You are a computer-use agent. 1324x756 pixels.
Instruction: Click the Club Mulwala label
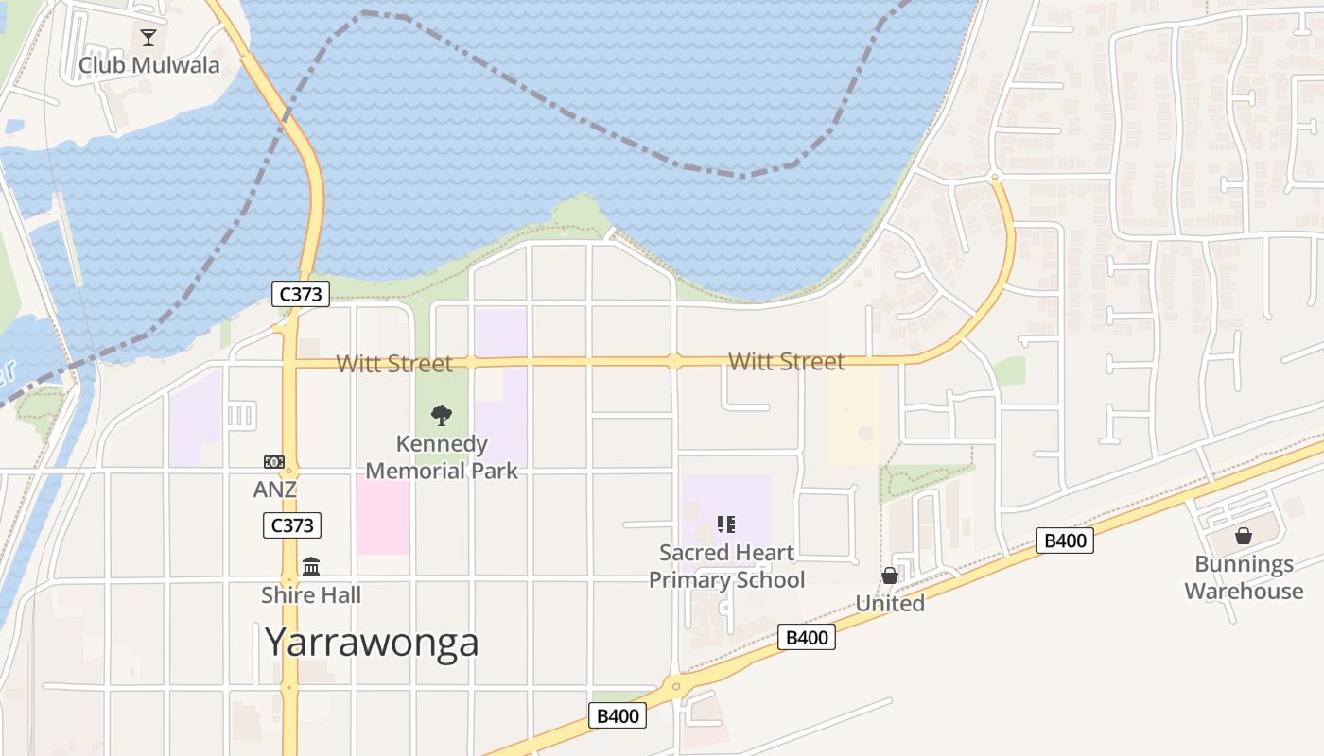pos(148,65)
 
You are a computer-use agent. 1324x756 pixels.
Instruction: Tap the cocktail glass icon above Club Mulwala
pos(148,38)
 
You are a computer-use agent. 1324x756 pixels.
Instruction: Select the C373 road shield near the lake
pos(302,294)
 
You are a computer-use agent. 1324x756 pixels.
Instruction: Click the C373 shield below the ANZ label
pos(292,525)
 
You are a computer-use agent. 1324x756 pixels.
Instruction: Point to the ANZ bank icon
pos(274,462)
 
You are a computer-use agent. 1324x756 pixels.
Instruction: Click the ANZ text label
pos(274,490)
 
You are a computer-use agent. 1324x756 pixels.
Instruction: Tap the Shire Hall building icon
pos(311,566)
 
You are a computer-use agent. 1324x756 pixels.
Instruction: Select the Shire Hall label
pos(311,595)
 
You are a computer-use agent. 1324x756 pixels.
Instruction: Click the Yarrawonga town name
pos(372,642)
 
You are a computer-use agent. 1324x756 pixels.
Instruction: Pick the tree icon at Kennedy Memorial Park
pos(442,415)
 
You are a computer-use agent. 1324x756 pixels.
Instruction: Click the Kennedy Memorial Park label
pos(442,457)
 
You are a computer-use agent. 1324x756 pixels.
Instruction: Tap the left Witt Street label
pos(394,363)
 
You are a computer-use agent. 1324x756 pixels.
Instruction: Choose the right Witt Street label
pos(786,361)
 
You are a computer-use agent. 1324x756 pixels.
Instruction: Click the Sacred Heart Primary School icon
pos(726,524)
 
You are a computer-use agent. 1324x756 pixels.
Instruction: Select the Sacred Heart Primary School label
pos(726,565)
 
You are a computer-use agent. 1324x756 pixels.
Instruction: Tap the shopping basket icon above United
pos(890,576)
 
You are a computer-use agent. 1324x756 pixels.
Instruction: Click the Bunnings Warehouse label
pos(1244,577)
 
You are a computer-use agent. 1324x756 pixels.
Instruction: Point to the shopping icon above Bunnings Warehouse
pos(1244,536)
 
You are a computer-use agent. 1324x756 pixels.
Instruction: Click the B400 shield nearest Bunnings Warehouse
pos(1065,541)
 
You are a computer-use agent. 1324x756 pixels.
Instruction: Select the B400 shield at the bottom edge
pos(618,715)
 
